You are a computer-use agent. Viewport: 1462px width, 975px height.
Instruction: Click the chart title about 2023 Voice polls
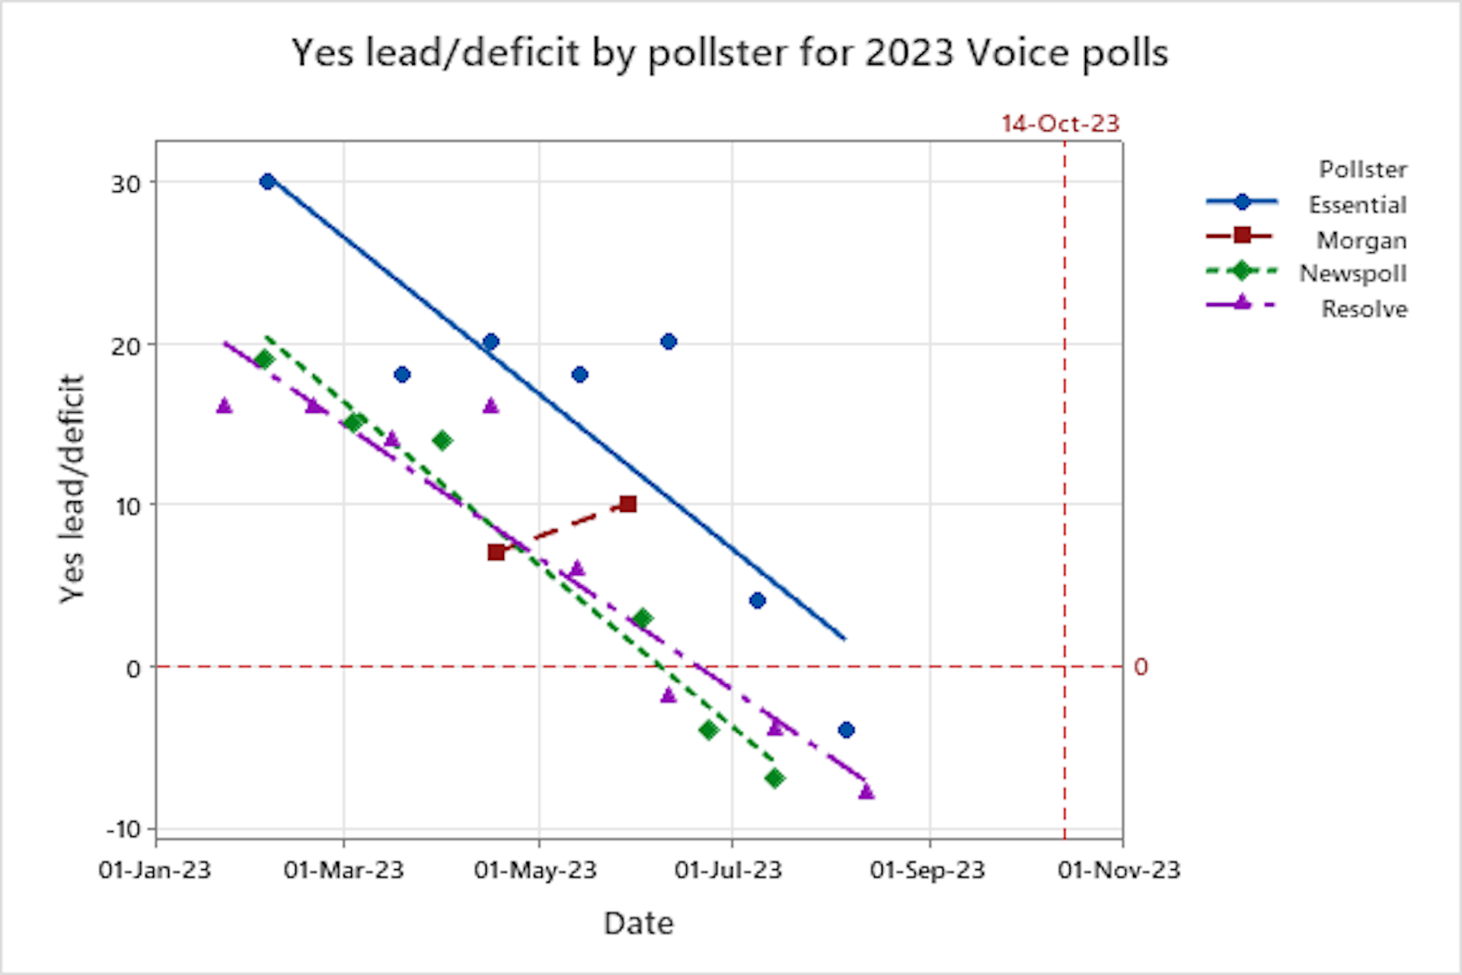tap(729, 53)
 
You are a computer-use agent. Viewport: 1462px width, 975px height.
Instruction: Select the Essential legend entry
tap(1357, 204)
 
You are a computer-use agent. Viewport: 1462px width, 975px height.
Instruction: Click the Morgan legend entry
tap(1361, 240)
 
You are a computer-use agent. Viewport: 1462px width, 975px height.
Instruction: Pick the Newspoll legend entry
tap(1352, 273)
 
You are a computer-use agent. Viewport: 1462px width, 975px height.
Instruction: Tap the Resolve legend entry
tap(1364, 308)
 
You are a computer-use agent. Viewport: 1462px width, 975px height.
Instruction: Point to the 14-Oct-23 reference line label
tap(1060, 123)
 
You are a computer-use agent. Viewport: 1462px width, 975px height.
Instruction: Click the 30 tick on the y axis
tap(126, 184)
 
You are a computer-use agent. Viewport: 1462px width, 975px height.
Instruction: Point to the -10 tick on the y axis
tap(123, 829)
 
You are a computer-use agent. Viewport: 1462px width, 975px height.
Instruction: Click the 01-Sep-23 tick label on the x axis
tap(927, 870)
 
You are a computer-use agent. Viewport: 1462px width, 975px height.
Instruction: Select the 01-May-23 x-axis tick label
tap(535, 870)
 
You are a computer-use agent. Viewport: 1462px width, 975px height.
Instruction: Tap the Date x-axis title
tap(638, 922)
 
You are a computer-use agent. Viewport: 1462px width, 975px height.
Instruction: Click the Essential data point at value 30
tap(267, 181)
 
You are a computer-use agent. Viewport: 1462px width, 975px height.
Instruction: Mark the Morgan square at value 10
tap(627, 503)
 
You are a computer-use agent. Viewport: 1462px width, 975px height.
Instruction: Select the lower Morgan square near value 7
tap(496, 551)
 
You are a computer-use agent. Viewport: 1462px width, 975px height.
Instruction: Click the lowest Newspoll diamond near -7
tap(774, 778)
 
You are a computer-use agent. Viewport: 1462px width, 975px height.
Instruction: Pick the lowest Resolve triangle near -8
tap(866, 791)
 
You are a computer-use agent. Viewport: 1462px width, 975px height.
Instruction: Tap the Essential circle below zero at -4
tap(846, 730)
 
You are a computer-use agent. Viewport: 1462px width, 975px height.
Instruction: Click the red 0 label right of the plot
tap(1140, 667)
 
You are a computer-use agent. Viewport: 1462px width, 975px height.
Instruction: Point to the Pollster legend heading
tap(1362, 169)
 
